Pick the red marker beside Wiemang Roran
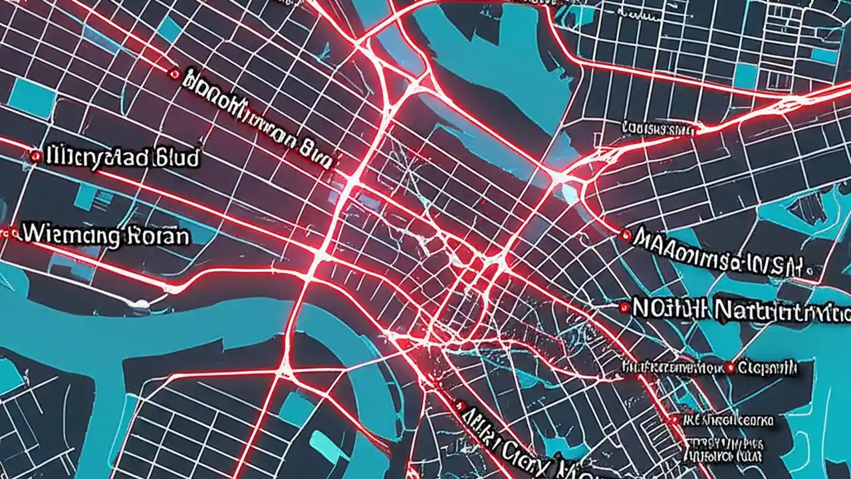coord(11,233)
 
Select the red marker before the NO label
coord(624,307)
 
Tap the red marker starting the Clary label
coord(458,404)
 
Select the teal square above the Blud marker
coord(31,98)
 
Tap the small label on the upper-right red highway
coord(658,126)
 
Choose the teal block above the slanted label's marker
coord(170,29)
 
